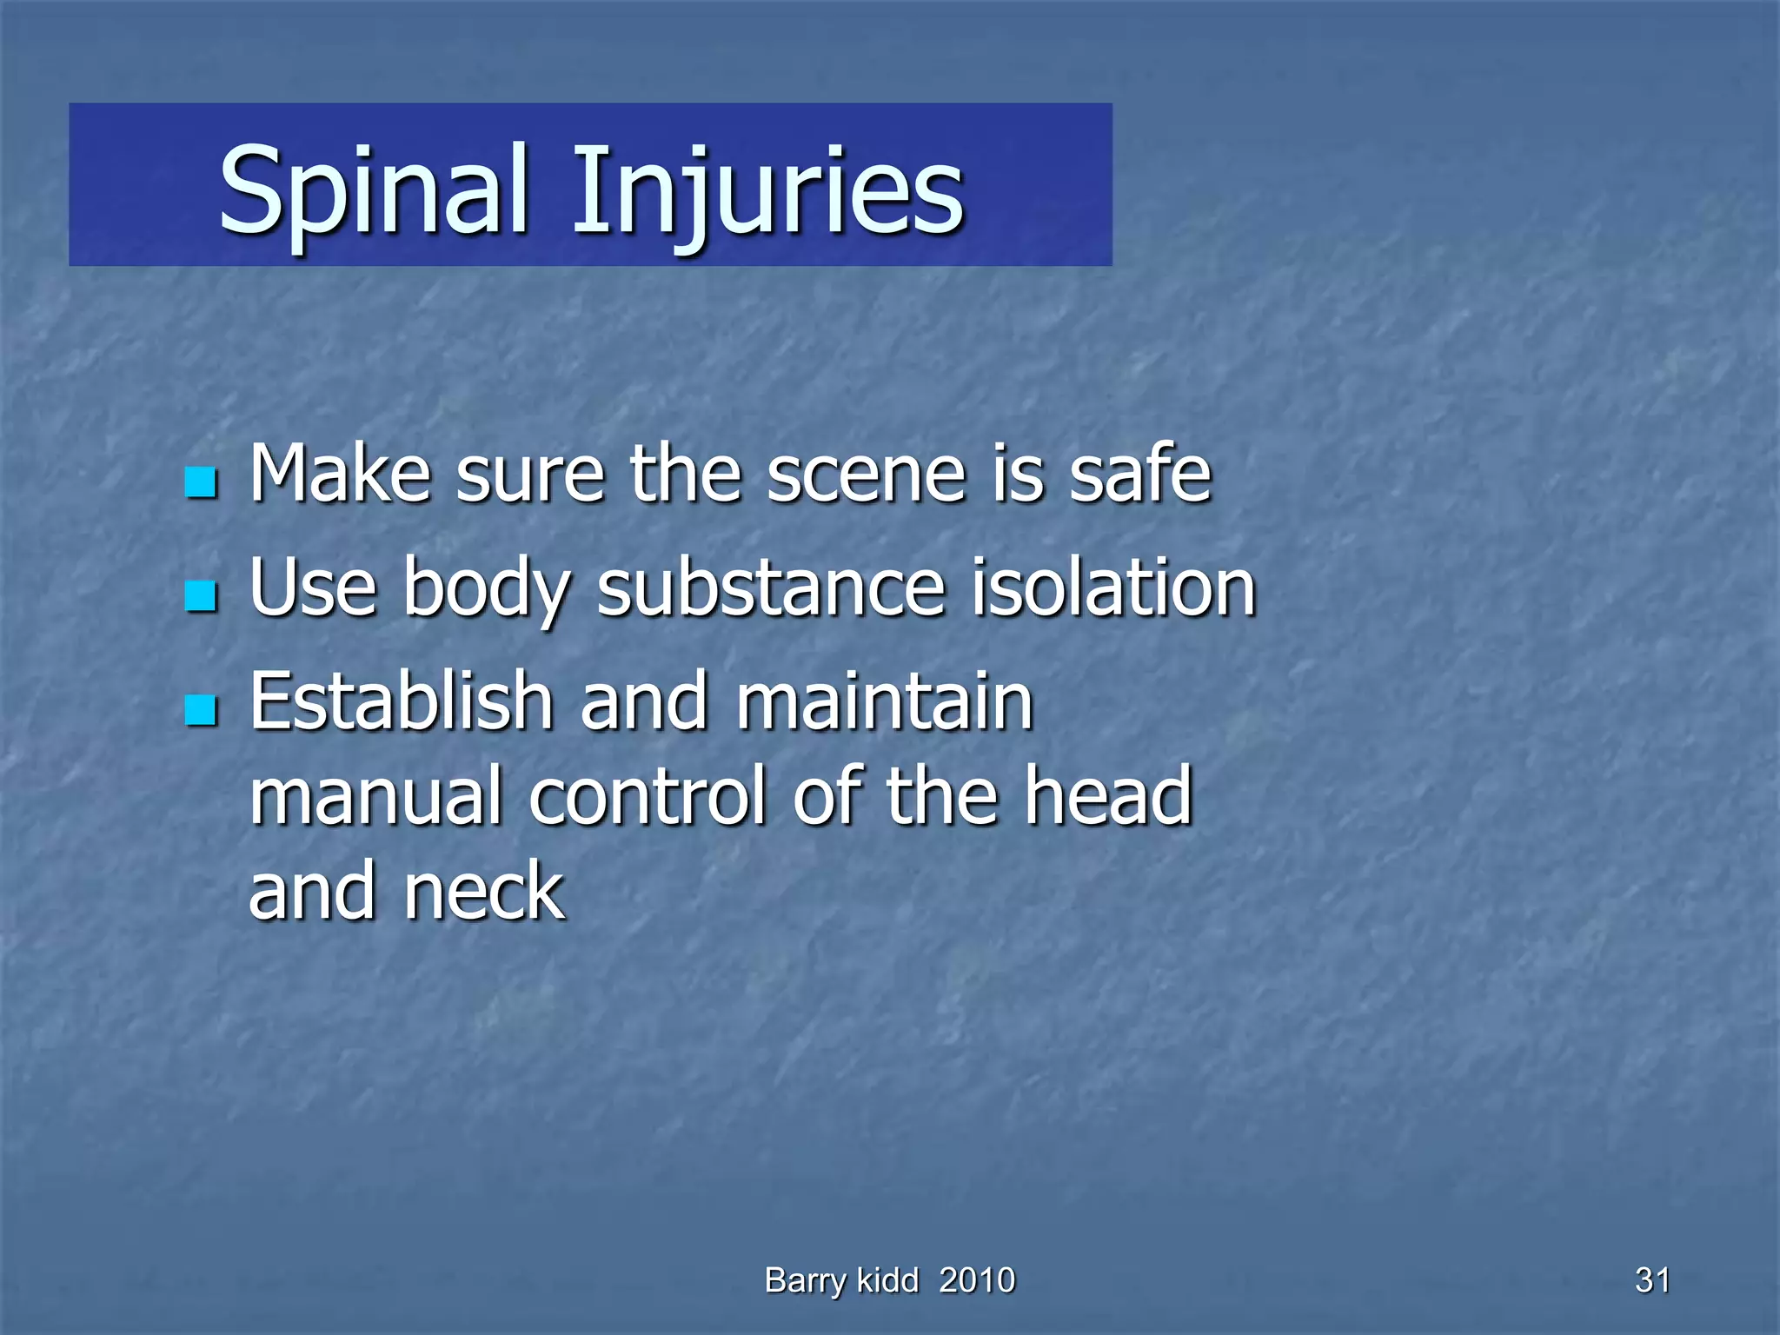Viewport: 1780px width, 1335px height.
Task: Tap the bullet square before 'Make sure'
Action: [x=201, y=482]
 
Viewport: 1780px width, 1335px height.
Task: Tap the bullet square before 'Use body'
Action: [x=201, y=596]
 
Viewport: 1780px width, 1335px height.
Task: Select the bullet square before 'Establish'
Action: [x=201, y=710]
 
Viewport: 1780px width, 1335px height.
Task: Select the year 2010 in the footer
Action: [x=977, y=1281]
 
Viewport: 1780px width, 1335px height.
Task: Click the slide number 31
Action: [x=1652, y=1281]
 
